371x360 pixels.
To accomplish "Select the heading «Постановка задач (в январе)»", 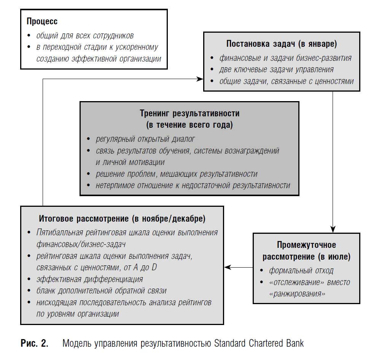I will point(282,44).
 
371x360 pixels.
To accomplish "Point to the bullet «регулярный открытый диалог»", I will point(145,139).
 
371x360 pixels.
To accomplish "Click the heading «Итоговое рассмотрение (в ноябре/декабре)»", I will point(122,219).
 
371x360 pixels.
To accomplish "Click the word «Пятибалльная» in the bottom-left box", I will point(60,232).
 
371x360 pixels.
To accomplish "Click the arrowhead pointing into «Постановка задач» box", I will point(200,79).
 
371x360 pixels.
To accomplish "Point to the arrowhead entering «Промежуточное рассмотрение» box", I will point(333,229).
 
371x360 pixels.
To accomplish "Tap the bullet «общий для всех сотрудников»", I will point(85,36).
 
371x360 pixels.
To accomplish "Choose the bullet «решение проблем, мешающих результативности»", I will point(177,174).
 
